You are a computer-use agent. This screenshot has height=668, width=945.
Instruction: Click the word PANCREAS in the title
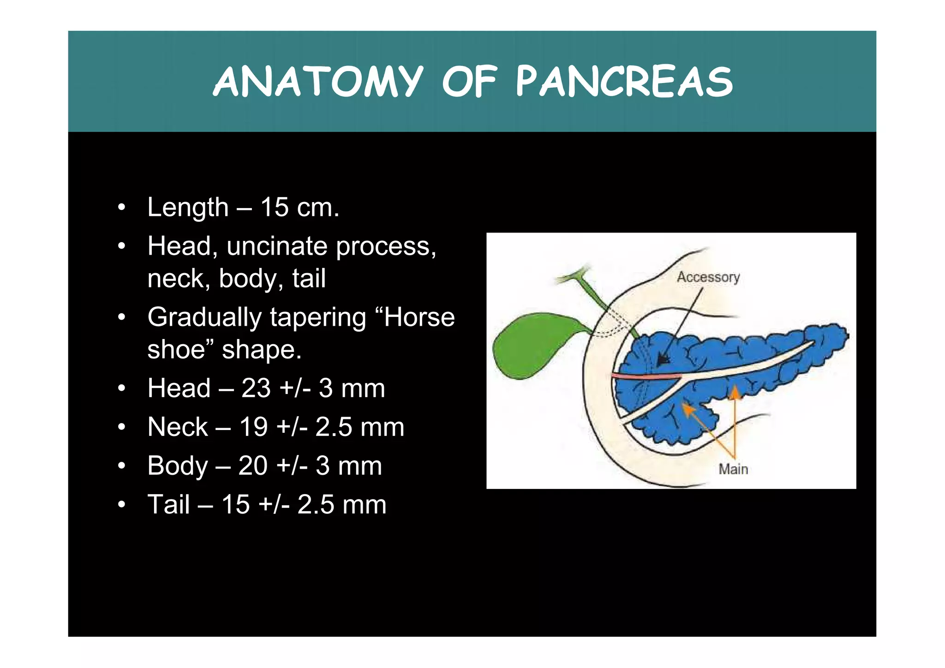(x=624, y=82)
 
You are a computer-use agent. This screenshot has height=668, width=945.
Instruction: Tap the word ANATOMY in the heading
(x=317, y=82)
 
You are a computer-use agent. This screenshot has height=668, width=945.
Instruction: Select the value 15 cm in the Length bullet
(x=299, y=208)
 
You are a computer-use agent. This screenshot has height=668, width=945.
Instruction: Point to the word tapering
(x=318, y=317)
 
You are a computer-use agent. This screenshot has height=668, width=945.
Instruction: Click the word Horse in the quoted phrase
(x=419, y=317)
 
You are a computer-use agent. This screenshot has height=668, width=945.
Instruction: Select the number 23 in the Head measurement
(x=255, y=388)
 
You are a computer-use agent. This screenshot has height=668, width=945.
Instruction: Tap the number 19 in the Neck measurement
(x=253, y=427)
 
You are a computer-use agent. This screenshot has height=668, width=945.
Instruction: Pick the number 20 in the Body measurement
(x=253, y=466)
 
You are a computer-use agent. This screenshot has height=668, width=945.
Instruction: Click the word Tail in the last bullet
(x=168, y=505)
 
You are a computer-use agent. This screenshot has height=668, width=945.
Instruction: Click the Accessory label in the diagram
(x=708, y=277)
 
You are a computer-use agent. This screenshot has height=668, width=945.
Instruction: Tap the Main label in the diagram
(x=733, y=469)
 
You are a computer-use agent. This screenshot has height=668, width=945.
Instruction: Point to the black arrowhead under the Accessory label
(x=663, y=360)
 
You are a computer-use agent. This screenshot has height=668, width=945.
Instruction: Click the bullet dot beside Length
(x=121, y=208)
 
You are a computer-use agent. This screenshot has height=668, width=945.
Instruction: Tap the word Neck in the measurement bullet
(x=178, y=427)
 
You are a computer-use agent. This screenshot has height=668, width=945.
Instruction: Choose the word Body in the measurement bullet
(x=178, y=466)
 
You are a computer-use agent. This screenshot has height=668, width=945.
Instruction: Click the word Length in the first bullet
(x=188, y=208)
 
